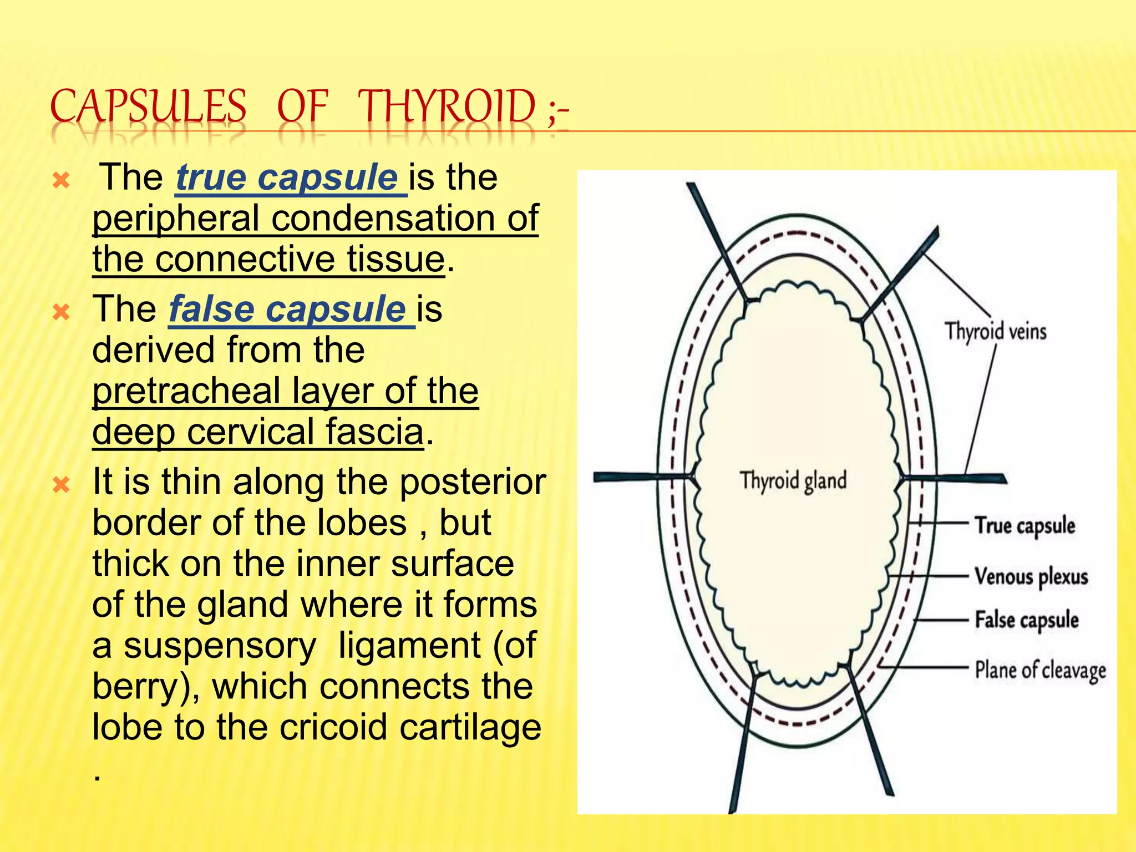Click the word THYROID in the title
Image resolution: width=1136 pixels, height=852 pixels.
tap(447, 106)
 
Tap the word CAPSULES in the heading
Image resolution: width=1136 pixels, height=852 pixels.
tap(149, 106)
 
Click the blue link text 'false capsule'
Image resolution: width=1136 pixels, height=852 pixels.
tap(287, 309)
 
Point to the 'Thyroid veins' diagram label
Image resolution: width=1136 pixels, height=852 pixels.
tap(996, 331)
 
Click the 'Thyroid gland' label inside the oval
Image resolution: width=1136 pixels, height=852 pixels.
tap(793, 480)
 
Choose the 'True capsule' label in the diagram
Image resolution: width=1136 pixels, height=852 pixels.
tap(1025, 525)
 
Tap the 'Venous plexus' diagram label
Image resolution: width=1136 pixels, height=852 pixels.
tap(1031, 577)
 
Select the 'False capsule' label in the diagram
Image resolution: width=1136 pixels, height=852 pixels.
tap(1027, 620)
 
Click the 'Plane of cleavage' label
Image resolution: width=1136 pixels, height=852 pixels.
tap(1041, 670)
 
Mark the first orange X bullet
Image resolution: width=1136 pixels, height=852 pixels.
tap(60, 180)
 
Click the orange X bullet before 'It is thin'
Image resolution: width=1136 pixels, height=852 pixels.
tap(60, 485)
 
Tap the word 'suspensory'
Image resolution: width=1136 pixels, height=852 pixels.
tap(220, 646)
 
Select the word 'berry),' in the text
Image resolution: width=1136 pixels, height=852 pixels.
tap(146, 687)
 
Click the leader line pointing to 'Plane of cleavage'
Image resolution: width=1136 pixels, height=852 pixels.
tap(926, 667)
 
